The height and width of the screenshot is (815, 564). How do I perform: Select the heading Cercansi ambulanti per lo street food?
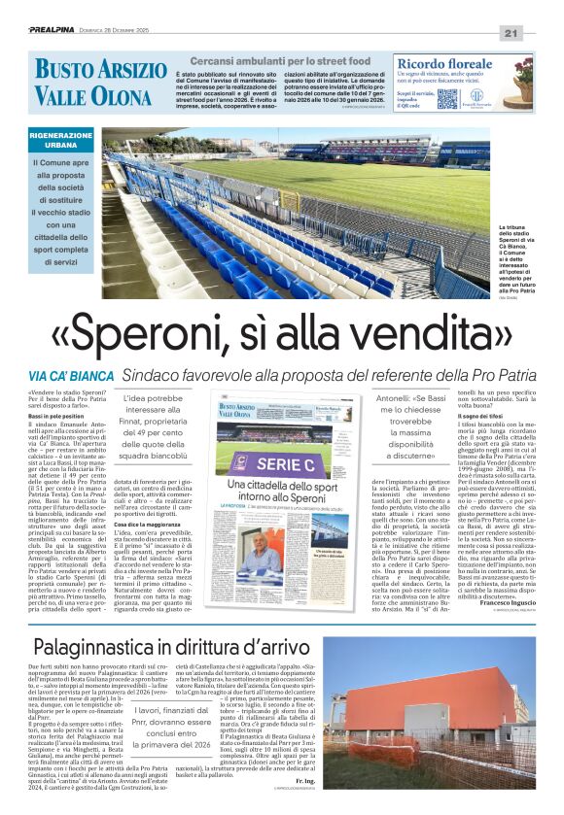[278, 59]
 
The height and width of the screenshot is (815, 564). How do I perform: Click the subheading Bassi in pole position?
[57, 416]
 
